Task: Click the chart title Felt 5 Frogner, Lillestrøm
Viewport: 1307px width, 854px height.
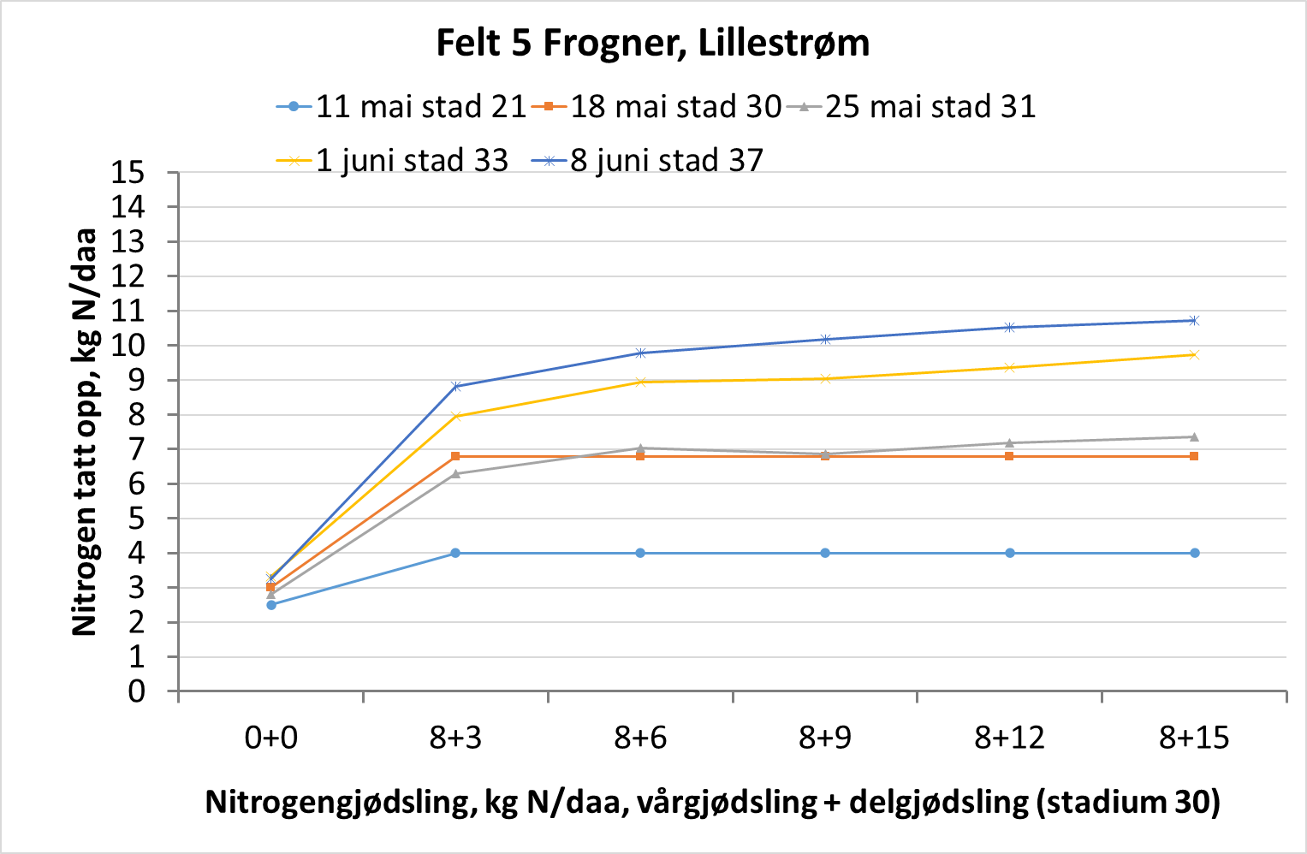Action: (x=652, y=43)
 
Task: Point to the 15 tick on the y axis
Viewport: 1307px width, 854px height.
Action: (x=128, y=173)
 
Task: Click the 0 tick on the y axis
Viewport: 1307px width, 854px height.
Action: (x=137, y=691)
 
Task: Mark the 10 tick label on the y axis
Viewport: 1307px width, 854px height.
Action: (x=128, y=346)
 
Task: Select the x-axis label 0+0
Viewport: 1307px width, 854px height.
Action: (x=271, y=737)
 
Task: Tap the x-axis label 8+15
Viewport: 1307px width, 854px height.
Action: (x=1194, y=737)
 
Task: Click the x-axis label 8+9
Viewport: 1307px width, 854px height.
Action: (x=825, y=737)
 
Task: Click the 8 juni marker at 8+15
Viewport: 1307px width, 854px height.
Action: (x=1194, y=321)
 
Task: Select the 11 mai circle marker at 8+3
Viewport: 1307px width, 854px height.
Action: (x=455, y=553)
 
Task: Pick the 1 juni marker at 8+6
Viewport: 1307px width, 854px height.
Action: (x=640, y=382)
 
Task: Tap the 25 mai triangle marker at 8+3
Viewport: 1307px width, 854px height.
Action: (x=455, y=473)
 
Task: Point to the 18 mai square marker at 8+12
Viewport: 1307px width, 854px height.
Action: (x=1010, y=456)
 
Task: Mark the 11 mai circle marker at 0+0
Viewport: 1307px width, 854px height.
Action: (x=271, y=605)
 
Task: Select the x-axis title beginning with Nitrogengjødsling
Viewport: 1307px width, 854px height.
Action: (x=712, y=802)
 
